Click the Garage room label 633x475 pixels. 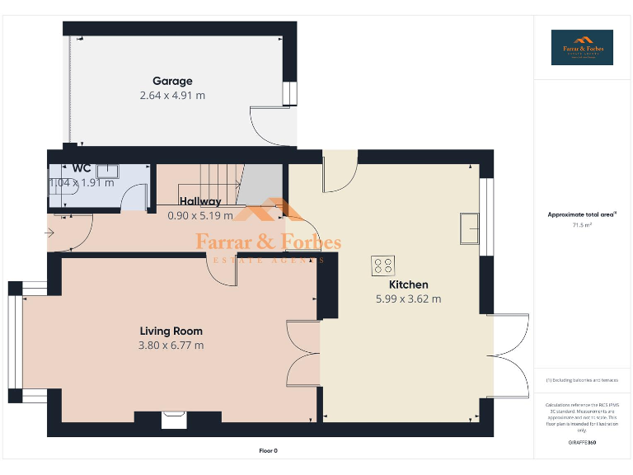tap(172, 81)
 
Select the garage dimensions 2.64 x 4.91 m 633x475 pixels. tap(172, 96)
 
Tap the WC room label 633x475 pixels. tap(82, 168)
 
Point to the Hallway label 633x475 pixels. tap(200, 201)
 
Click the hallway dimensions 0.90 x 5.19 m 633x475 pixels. tap(200, 216)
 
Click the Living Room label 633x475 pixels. tap(171, 331)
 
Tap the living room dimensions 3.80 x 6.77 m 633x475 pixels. tap(171, 346)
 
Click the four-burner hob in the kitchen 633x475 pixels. tap(383, 266)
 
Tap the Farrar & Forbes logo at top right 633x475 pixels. tap(582, 48)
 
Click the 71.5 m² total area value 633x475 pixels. tap(582, 225)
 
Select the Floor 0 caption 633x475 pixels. tap(269, 451)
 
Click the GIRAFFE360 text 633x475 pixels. tap(582, 443)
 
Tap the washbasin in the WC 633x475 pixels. tap(109, 171)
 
